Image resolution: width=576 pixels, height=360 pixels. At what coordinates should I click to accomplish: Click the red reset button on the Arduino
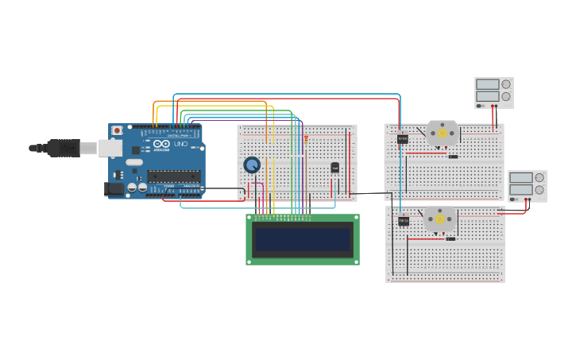point(118,130)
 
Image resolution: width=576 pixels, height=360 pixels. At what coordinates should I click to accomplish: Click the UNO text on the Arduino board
point(181,145)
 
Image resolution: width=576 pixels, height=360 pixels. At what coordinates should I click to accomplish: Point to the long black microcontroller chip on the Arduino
point(173,176)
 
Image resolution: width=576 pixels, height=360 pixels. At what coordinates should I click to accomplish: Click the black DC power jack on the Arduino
point(114,189)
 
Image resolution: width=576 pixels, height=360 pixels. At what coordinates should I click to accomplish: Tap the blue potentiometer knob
point(252,165)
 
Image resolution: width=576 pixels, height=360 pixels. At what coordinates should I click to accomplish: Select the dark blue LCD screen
point(302,239)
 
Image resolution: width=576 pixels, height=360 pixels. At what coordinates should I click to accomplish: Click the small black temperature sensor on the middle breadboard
point(334,168)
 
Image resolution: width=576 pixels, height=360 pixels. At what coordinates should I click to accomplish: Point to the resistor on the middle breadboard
point(306,139)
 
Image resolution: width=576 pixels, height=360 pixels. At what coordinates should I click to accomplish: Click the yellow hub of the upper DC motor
point(442,133)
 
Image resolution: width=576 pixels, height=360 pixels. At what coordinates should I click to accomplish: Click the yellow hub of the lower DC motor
point(439,219)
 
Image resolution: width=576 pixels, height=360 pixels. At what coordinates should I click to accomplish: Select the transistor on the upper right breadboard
point(403,139)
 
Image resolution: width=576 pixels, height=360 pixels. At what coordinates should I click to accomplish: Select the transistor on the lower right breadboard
point(404,221)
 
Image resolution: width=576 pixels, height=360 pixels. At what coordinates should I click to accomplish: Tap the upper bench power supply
point(493,91)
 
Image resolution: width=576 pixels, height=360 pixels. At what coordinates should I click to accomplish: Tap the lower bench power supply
point(527,185)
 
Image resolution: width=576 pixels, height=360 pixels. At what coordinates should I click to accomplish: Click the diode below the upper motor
point(453,157)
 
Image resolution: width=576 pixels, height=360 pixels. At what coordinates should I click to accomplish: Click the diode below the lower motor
point(450,238)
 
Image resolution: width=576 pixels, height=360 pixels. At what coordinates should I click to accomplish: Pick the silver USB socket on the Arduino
point(110,148)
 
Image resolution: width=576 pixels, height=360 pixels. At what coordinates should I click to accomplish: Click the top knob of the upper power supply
point(506,84)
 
